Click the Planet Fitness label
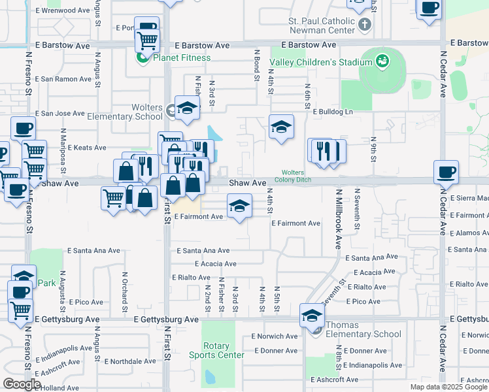182,57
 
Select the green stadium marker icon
382,63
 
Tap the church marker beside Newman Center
365,24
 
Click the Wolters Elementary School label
127,112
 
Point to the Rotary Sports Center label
216,350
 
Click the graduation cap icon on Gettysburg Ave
312,316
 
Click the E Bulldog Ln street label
333,112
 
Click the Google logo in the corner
22,384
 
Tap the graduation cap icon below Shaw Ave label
239,207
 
